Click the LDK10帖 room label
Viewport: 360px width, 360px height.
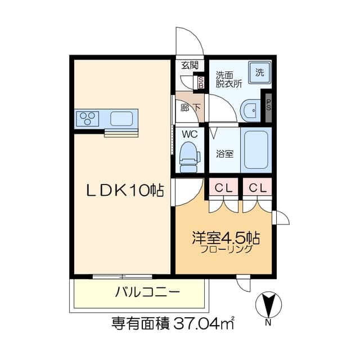pos(125,190)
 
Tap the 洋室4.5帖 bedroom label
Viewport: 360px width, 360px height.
pos(226,238)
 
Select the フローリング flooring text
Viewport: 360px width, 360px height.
pos(226,249)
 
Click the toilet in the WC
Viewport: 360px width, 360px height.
pos(190,157)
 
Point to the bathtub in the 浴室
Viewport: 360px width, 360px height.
pos(256,150)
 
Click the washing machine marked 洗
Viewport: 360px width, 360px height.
pos(260,73)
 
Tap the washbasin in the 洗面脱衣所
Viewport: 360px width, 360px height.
pos(250,110)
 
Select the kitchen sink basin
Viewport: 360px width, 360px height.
pos(121,119)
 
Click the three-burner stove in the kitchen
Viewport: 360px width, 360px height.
pos(87,119)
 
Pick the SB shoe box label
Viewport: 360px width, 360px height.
pos(201,83)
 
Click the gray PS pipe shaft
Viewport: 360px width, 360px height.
pos(269,107)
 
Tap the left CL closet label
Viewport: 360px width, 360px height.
pos(223,188)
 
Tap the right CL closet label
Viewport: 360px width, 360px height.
pos(258,188)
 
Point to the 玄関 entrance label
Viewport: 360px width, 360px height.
pos(190,65)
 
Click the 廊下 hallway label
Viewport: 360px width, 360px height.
pos(190,107)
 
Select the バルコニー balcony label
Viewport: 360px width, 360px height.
pos(147,292)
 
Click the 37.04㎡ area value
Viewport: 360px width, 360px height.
pos(204,323)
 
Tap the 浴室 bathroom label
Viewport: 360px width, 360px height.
pos(225,154)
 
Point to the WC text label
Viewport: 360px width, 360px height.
pos(190,134)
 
